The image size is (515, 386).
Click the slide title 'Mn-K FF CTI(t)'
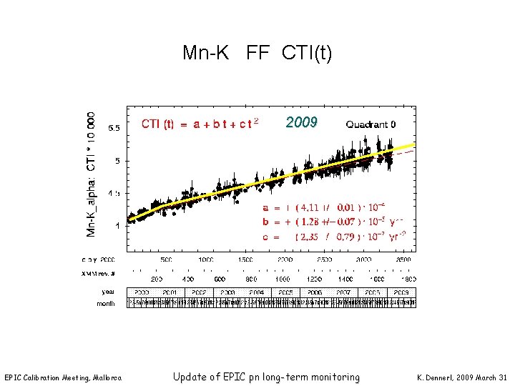click(257, 53)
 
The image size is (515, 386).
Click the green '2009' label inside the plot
click(301, 122)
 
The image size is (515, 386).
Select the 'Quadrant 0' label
click(371, 124)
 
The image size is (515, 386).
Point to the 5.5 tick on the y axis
click(114, 129)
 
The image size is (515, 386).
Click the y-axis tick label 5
click(117, 161)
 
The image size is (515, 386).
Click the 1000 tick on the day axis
click(205, 260)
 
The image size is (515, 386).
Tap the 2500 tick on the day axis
click(324, 260)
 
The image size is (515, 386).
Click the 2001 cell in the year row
click(170, 292)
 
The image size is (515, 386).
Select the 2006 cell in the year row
click(315, 292)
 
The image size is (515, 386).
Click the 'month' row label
click(106, 303)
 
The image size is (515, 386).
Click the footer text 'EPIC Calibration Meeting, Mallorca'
click(63, 377)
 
